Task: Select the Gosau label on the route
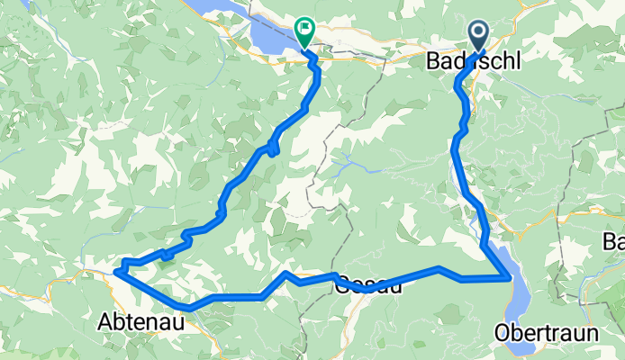[369, 287]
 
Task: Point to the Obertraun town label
[547, 333]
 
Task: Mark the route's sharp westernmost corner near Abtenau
[117, 268]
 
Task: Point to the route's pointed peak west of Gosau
[285, 273]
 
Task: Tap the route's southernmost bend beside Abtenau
[189, 309]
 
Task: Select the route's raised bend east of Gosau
[439, 268]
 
